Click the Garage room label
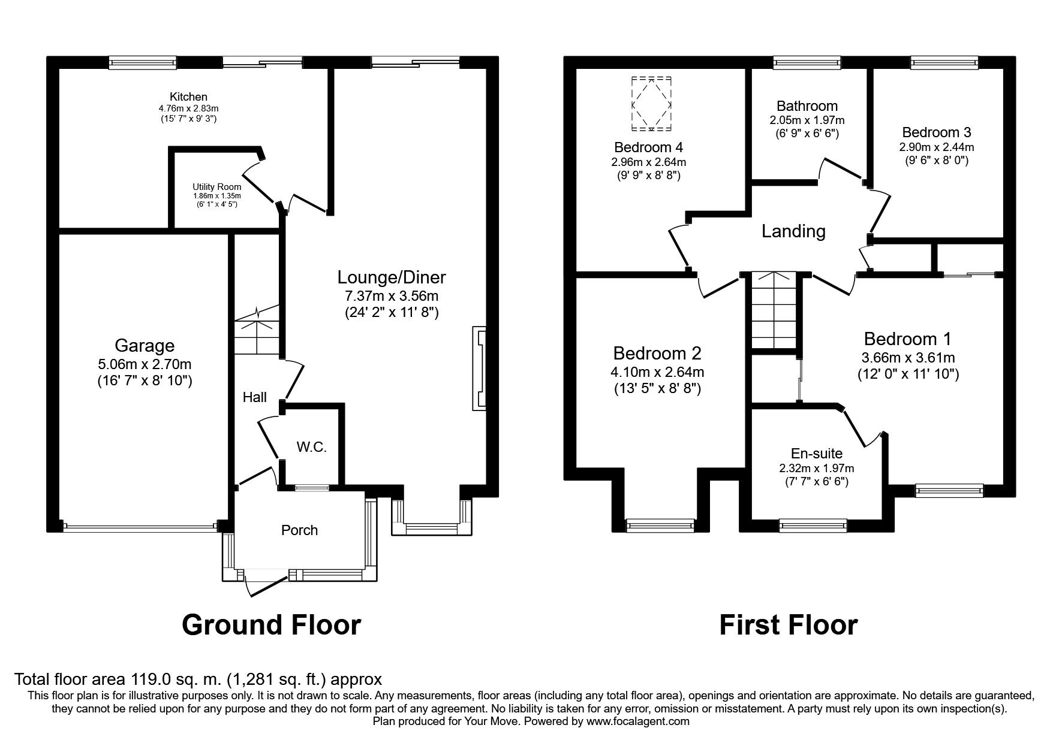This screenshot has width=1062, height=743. (x=145, y=346)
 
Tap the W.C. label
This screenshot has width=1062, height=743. (x=311, y=447)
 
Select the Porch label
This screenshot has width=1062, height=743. (x=299, y=530)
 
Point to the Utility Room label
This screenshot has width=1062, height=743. (x=217, y=187)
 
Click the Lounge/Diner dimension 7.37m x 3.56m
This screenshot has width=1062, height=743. (x=392, y=296)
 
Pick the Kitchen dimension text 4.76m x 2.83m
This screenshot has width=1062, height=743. (x=188, y=108)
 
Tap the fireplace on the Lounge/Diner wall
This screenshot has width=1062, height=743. (x=480, y=369)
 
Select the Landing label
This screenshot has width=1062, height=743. (x=793, y=231)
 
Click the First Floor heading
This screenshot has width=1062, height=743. (x=789, y=625)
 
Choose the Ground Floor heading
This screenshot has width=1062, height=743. (x=271, y=625)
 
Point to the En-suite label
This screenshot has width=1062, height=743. (x=816, y=454)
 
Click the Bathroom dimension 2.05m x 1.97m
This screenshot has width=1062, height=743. (x=807, y=120)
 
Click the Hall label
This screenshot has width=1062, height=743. (x=255, y=397)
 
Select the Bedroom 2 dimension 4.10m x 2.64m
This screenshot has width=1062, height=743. (x=657, y=372)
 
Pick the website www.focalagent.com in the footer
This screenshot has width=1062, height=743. (x=639, y=721)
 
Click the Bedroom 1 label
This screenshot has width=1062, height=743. (x=907, y=339)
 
